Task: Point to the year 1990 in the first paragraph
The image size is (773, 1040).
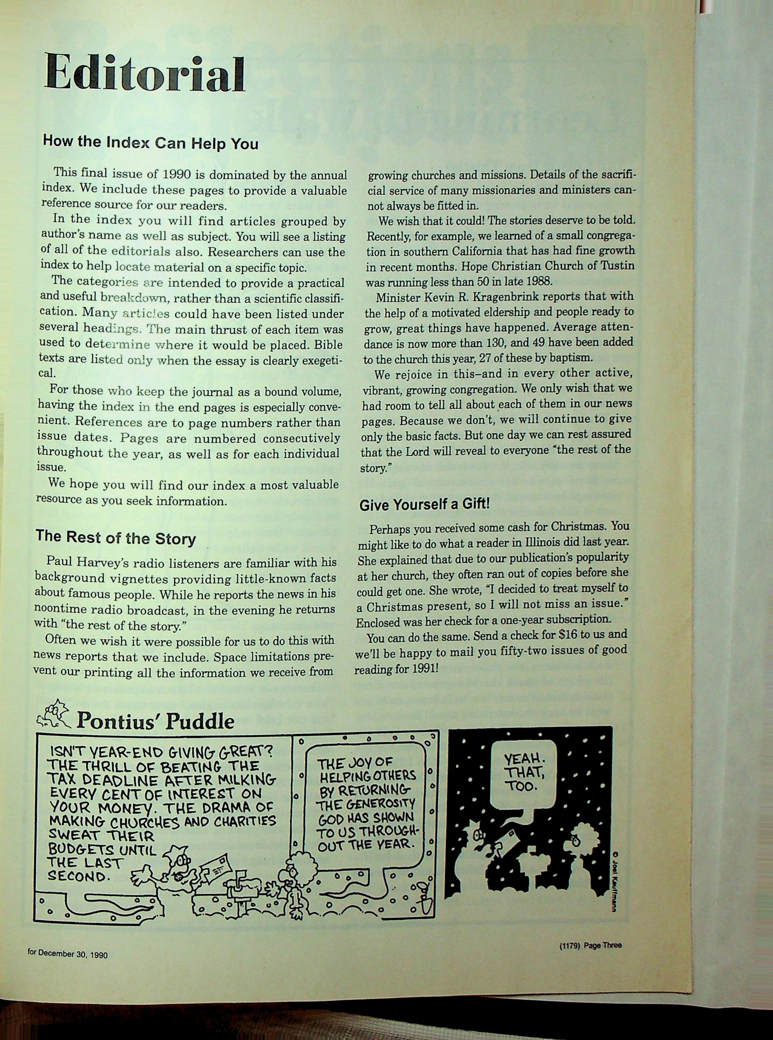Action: click(177, 174)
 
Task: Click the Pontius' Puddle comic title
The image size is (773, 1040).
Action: click(155, 721)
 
